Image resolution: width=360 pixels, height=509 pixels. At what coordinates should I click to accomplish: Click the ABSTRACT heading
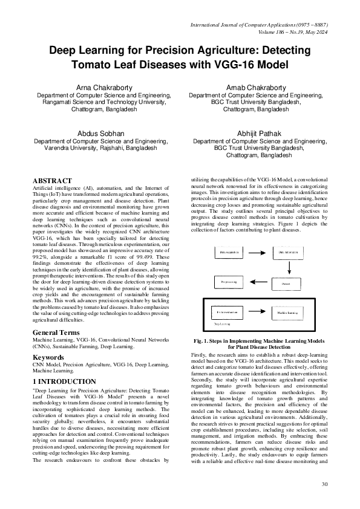[52, 181]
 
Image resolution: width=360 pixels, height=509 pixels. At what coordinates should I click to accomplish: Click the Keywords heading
[48, 357]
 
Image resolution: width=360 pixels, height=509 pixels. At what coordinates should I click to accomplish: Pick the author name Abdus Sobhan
[100, 132]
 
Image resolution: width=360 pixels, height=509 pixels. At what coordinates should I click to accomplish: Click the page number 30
[324, 484]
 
